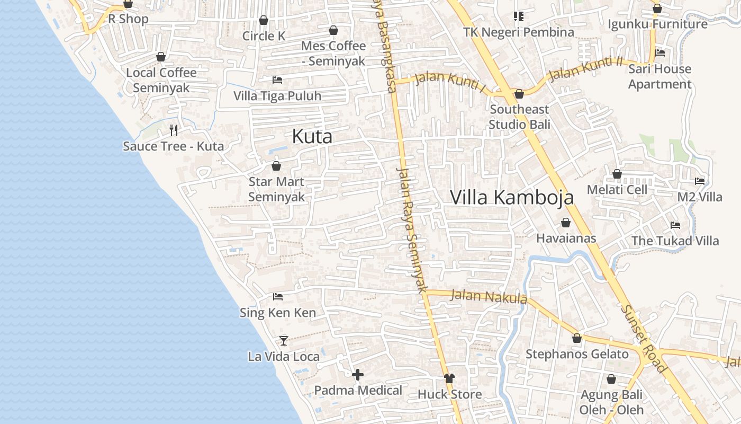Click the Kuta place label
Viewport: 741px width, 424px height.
pos(312,137)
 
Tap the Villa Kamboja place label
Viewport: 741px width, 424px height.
pos(512,197)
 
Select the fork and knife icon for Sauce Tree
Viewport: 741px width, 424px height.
pos(174,130)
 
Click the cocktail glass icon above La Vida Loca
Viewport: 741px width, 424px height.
pos(284,340)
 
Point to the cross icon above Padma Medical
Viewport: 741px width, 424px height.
pos(358,375)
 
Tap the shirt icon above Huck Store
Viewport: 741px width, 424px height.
pos(449,378)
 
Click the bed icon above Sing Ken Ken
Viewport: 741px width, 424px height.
pos(278,297)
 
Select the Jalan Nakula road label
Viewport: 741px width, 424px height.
pos(489,297)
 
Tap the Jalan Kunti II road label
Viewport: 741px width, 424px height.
pos(586,68)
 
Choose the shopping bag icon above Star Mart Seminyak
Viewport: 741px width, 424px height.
pos(276,166)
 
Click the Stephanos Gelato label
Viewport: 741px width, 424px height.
pos(577,354)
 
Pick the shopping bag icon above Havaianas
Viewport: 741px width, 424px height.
pos(566,223)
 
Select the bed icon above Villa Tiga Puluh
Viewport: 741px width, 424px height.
pos(277,80)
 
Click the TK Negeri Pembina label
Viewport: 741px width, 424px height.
pos(519,32)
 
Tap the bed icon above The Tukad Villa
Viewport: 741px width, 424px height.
pos(675,225)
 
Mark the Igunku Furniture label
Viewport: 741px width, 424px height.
pos(657,24)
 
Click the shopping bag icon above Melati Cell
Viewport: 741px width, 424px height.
pos(617,174)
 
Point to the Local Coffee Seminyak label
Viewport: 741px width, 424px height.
pos(161,80)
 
